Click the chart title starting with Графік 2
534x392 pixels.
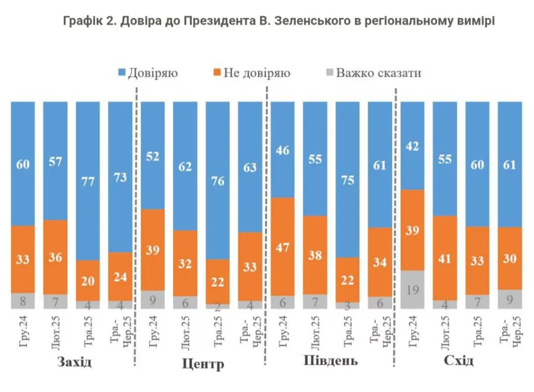[278, 21]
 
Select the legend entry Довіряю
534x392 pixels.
[148, 73]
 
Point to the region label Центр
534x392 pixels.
[203, 364]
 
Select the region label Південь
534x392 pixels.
[330, 361]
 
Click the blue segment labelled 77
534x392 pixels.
[88, 181]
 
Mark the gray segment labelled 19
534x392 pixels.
[412, 290]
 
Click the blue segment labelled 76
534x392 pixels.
[217, 180]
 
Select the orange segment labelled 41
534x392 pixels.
[445, 258]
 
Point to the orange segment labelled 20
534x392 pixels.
[88, 280]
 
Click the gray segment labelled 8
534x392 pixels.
[22, 301]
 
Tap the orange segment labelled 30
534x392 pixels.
[509, 258]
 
